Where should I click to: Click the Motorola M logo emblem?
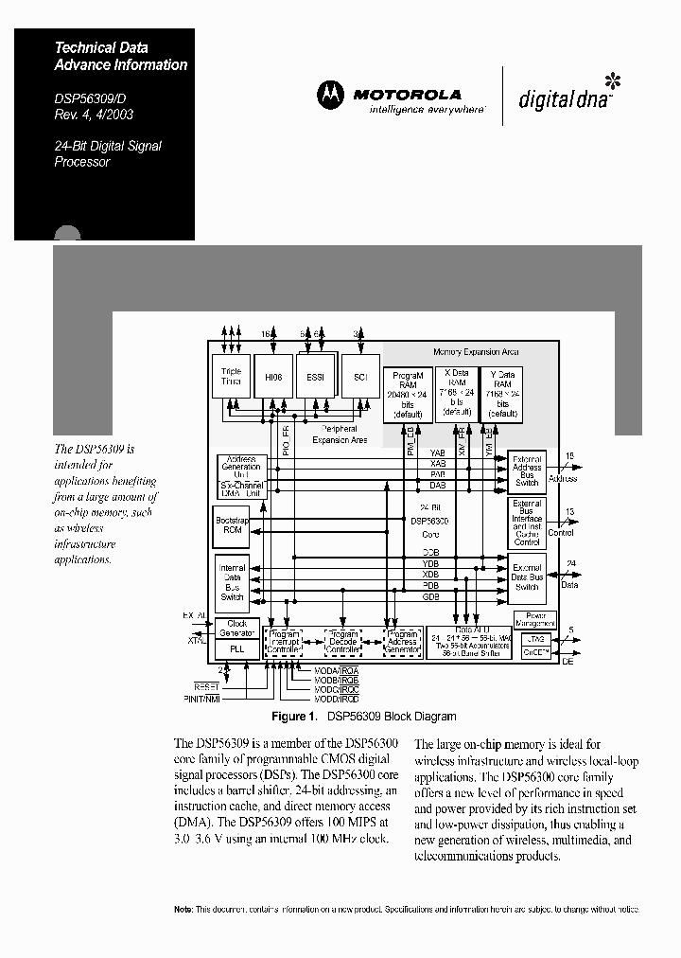331,95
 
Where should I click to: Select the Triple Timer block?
232,376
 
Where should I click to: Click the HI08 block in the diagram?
273,377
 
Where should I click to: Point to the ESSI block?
315,378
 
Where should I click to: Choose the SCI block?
359,377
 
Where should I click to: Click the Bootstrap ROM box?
233,525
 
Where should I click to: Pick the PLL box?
237,649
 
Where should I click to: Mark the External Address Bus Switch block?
527,468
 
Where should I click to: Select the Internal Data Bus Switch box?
233,582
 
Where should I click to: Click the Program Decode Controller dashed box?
343,642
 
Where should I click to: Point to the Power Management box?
534,619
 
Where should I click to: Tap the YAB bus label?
437,453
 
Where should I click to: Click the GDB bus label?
430,597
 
